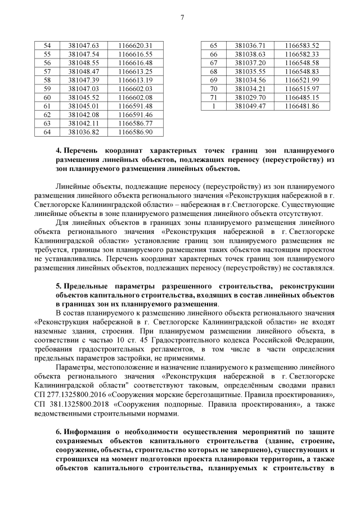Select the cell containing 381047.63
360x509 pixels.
click(x=83, y=45)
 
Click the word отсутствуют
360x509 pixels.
click(x=301, y=214)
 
